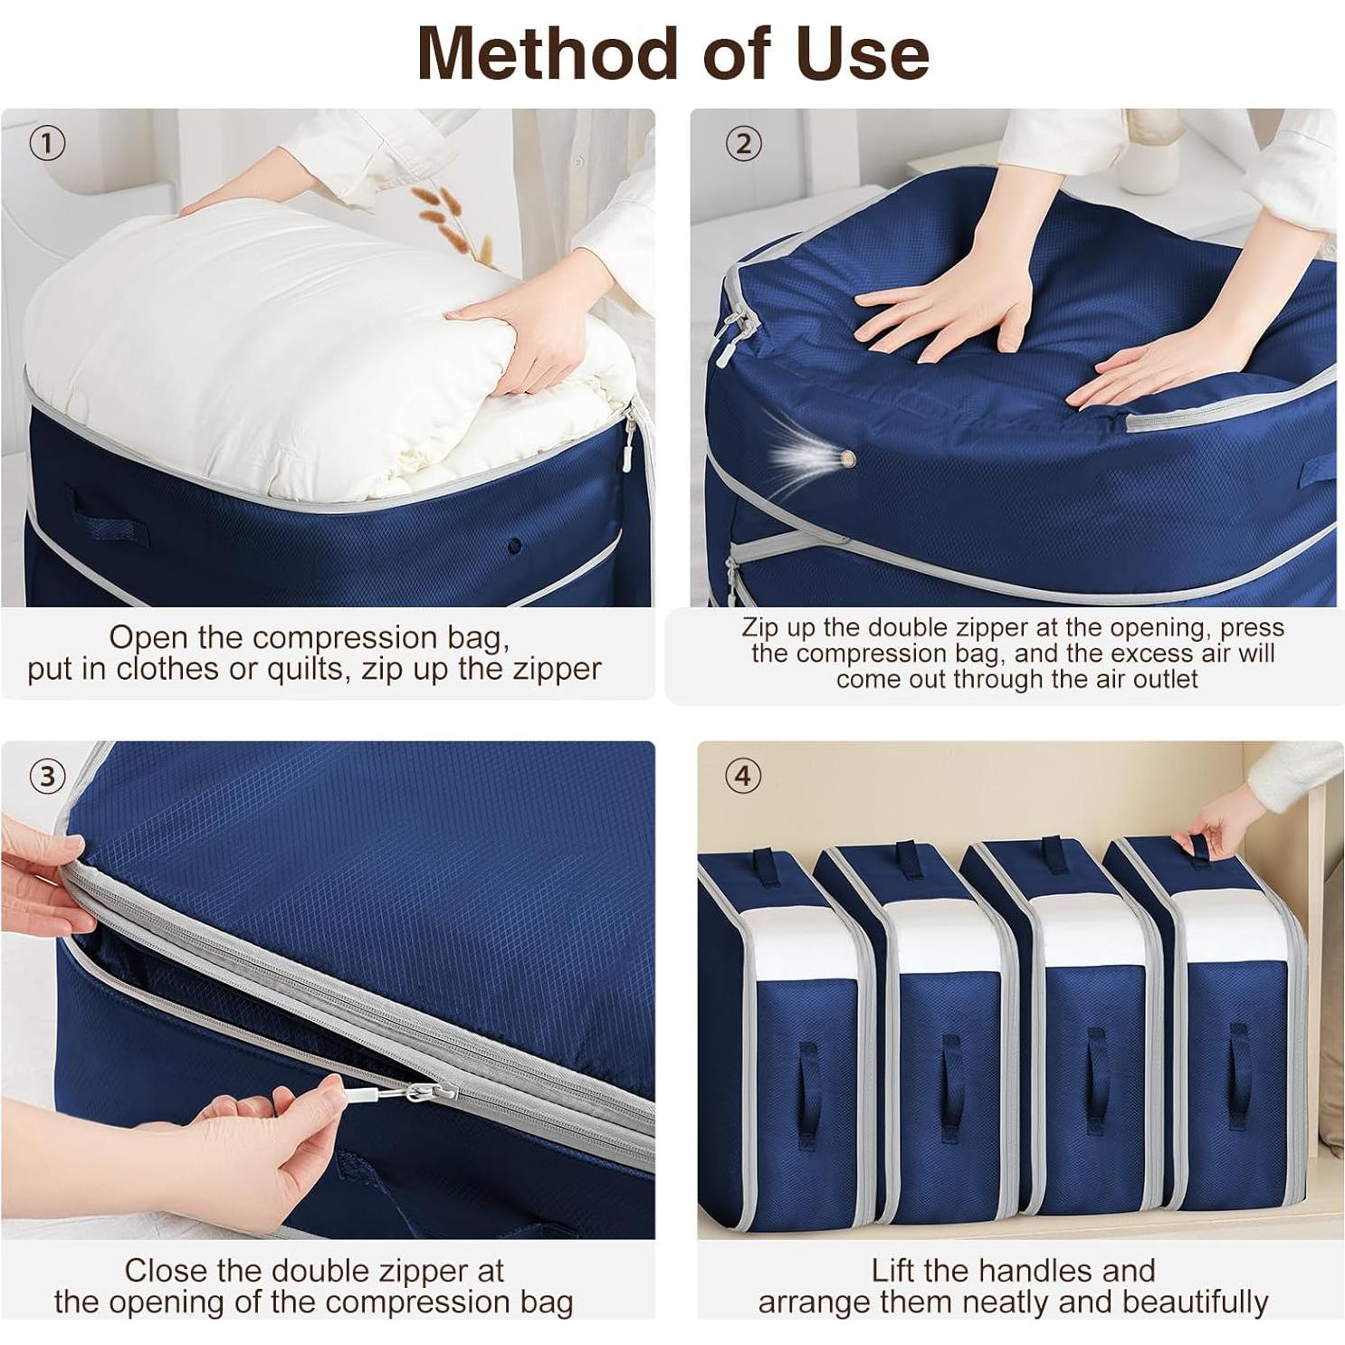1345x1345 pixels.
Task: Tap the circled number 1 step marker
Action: click(x=47, y=143)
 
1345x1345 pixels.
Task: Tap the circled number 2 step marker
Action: click(x=743, y=143)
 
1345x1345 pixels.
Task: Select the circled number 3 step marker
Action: click(x=47, y=776)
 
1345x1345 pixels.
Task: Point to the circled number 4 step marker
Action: click(x=743, y=776)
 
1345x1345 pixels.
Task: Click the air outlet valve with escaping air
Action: click(x=848, y=459)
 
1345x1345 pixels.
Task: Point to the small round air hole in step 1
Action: click(x=514, y=546)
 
